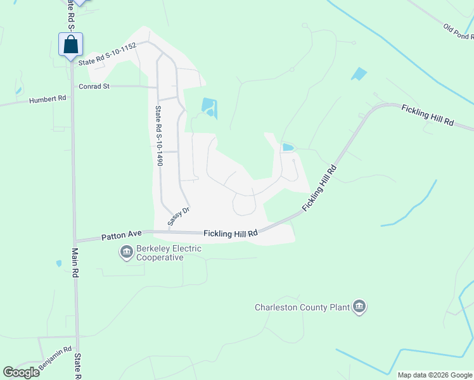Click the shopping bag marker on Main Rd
click(70, 44)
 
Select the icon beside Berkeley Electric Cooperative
click(126, 253)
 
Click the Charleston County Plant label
click(302, 308)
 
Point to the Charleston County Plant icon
click(360, 308)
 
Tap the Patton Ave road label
click(121, 235)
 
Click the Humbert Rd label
click(48, 99)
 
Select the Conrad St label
click(94, 86)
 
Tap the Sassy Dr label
click(179, 216)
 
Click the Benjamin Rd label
click(55, 358)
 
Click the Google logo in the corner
click(21, 372)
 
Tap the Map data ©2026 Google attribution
click(435, 375)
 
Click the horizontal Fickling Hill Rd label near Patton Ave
click(231, 234)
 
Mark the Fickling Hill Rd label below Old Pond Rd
click(428, 115)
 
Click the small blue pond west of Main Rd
click(59, 263)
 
